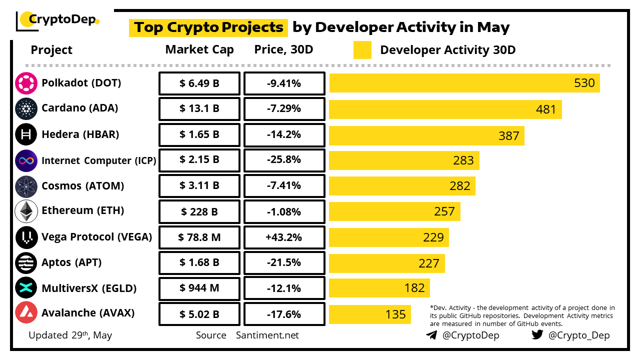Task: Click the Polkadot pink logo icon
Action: [x=26, y=83]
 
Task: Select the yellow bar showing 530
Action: [x=464, y=83]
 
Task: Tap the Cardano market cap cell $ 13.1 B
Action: [x=199, y=109]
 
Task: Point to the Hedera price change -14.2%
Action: [x=284, y=135]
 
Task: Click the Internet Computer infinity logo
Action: [x=26, y=160]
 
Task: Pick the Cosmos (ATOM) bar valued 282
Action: [x=402, y=186]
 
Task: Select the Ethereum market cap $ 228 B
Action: [x=199, y=212]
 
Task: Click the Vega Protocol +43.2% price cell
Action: [x=284, y=237]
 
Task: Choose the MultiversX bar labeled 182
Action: [x=379, y=288]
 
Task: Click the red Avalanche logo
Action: [x=26, y=313]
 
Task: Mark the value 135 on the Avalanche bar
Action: [x=395, y=314]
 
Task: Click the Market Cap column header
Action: [x=199, y=49]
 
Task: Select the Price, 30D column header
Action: [x=284, y=49]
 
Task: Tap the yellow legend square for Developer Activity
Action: [x=362, y=50]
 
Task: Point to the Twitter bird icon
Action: [x=537, y=335]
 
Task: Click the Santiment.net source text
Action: [x=267, y=335]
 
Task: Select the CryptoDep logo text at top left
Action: [x=62, y=20]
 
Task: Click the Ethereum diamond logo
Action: [x=26, y=211]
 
